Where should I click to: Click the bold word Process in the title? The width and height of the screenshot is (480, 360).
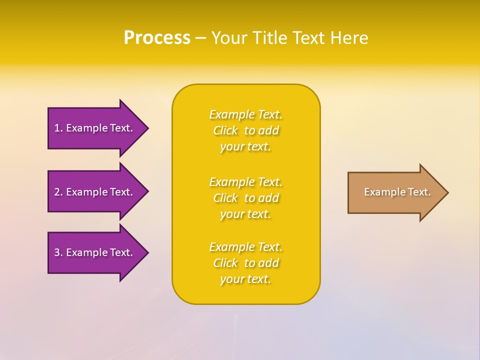point(157,38)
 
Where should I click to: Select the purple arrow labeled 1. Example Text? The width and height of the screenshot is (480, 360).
point(95,128)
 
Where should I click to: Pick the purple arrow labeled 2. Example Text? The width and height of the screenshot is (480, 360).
point(95,192)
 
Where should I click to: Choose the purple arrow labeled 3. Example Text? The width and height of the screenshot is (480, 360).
point(95,252)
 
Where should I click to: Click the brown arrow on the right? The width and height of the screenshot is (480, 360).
point(395,192)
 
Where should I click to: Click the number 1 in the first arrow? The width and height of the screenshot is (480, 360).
point(57,128)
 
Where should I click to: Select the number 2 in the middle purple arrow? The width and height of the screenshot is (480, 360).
point(57,192)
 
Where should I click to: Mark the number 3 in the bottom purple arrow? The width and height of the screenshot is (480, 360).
point(57,252)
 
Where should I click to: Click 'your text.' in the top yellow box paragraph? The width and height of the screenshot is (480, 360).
point(245,147)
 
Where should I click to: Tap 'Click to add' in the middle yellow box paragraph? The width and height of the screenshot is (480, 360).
point(246,198)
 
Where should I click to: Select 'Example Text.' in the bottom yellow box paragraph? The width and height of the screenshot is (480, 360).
point(246,247)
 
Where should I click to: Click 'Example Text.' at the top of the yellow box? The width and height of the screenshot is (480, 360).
point(246,114)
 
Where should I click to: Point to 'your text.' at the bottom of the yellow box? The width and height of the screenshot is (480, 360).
point(245,279)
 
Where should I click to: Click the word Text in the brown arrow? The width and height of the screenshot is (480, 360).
point(419,192)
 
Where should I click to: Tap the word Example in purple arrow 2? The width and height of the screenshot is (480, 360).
point(86,192)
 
